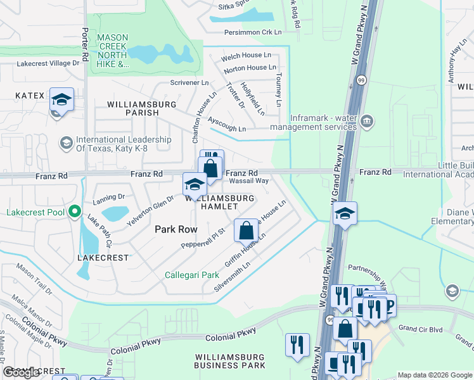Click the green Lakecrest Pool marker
tap(75, 212)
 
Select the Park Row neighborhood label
tap(176, 229)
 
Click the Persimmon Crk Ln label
tap(252, 32)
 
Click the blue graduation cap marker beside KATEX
tap(61, 100)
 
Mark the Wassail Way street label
tap(248, 180)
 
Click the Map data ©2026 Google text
tap(435, 375)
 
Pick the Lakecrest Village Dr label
tap(48, 63)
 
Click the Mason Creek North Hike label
tap(113, 51)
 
